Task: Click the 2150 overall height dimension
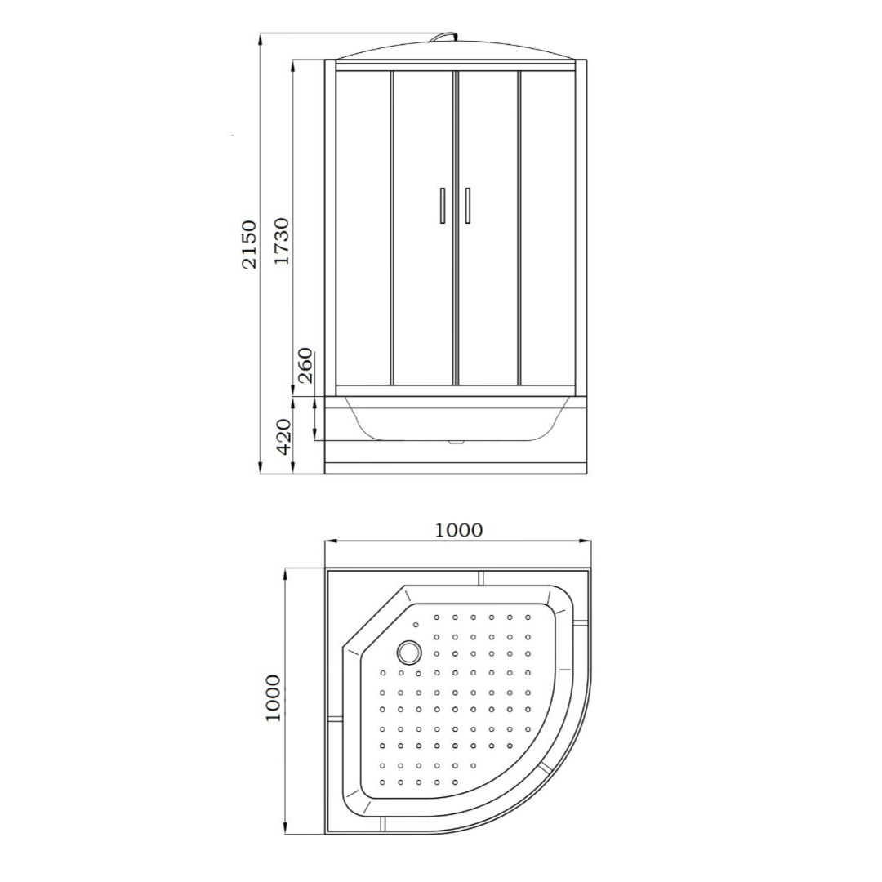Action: click(248, 243)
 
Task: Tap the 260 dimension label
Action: click(305, 365)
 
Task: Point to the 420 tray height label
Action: click(283, 436)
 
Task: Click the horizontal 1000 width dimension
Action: click(458, 530)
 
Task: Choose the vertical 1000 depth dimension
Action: click(272, 697)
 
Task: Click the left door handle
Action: click(442, 205)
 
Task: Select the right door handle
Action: click(468, 205)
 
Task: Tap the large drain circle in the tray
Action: click(408, 652)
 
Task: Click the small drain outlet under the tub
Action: click(456, 443)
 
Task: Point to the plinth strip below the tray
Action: click(456, 469)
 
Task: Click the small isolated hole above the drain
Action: click(416, 626)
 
